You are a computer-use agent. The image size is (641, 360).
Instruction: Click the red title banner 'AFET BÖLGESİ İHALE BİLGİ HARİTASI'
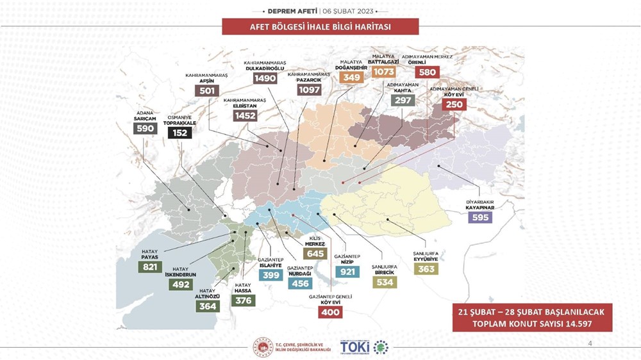(x=320, y=27)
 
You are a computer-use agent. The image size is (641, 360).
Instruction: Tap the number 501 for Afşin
(x=206, y=91)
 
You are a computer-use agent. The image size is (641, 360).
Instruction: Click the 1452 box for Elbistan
(x=246, y=116)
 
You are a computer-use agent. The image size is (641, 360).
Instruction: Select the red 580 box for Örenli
(x=427, y=72)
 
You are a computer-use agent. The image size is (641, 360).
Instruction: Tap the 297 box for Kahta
(x=403, y=99)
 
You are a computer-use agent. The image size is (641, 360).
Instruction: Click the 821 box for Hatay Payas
(x=149, y=266)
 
